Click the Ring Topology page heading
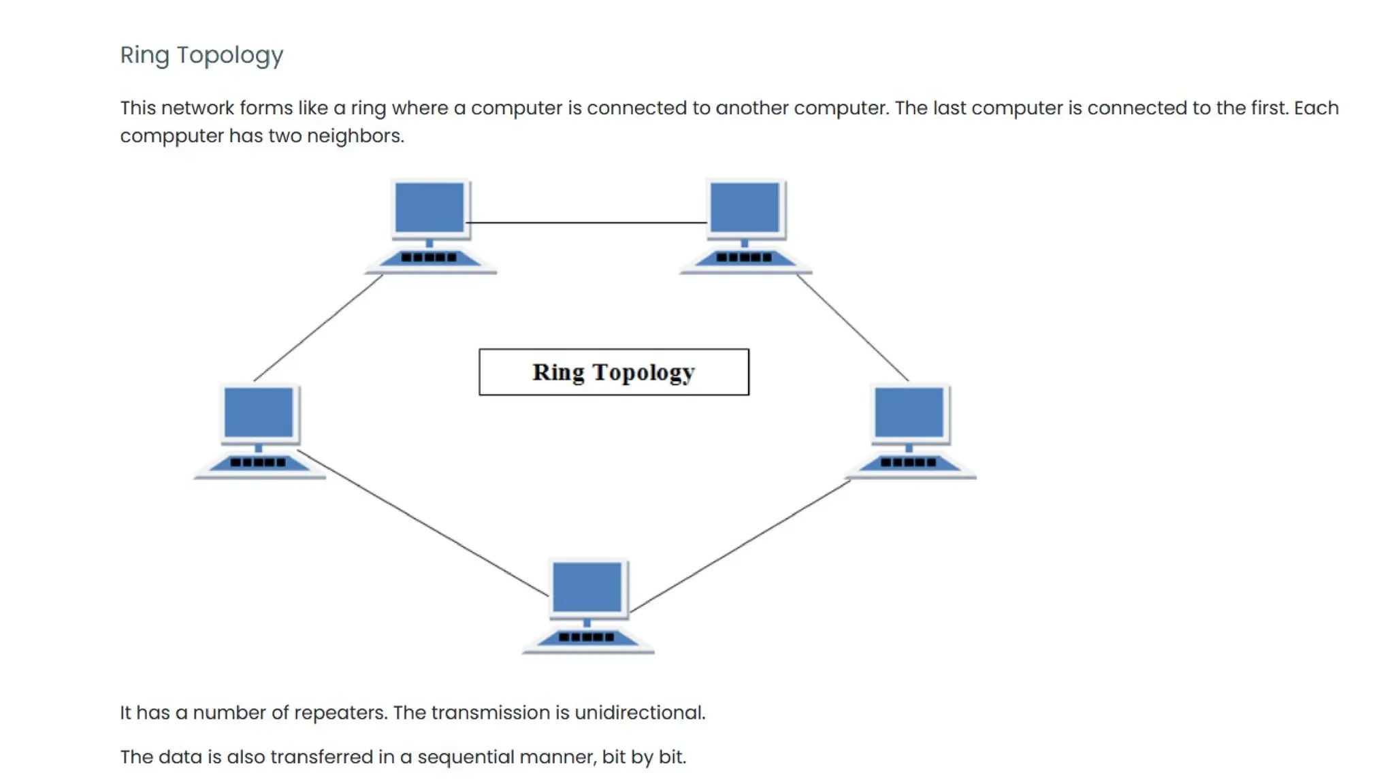(x=201, y=55)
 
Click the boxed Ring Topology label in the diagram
(x=613, y=372)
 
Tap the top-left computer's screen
(x=429, y=208)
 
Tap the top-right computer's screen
(x=745, y=208)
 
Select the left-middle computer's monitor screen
(x=259, y=412)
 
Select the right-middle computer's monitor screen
(x=909, y=412)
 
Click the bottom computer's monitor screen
(x=587, y=587)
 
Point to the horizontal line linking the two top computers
(x=587, y=223)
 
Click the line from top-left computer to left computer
(x=319, y=327)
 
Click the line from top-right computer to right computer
(x=852, y=327)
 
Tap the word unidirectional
(x=639, y=713)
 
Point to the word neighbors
(x=355, y=136)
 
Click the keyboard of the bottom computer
(x=587, y=638)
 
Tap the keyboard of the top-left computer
(x=429, y=258)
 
